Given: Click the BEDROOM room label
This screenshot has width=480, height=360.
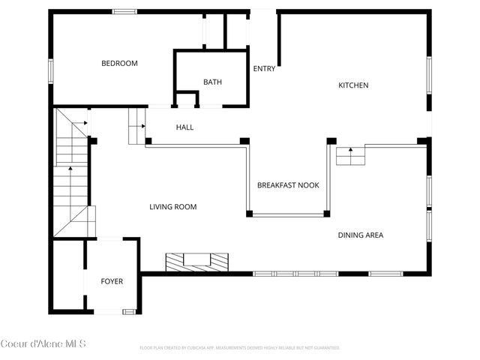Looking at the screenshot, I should (120, 64).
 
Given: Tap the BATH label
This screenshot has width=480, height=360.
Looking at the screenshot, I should (212, 82).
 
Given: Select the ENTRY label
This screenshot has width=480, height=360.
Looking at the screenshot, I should (264, 69).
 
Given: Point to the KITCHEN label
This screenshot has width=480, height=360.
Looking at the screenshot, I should (353, 85).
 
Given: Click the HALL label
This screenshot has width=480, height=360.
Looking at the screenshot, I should (184, 127).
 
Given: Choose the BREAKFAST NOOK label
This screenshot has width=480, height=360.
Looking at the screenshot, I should (288, 184).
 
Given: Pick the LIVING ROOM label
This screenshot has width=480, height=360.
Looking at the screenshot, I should (172, 207).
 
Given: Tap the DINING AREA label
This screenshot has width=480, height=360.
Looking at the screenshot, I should (360, 235).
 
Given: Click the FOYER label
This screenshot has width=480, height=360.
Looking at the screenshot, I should (112, 282).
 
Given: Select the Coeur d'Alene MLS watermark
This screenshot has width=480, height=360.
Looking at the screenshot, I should (43, 344).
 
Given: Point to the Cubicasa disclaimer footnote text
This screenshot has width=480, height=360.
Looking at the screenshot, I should (240, 348).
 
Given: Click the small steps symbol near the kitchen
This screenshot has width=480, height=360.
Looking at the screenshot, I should (350, 156).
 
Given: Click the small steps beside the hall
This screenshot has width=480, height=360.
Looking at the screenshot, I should (136, 124).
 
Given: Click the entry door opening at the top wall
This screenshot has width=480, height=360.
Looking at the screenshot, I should (263, 11).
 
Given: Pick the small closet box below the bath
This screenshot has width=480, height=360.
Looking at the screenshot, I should (186, 99).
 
